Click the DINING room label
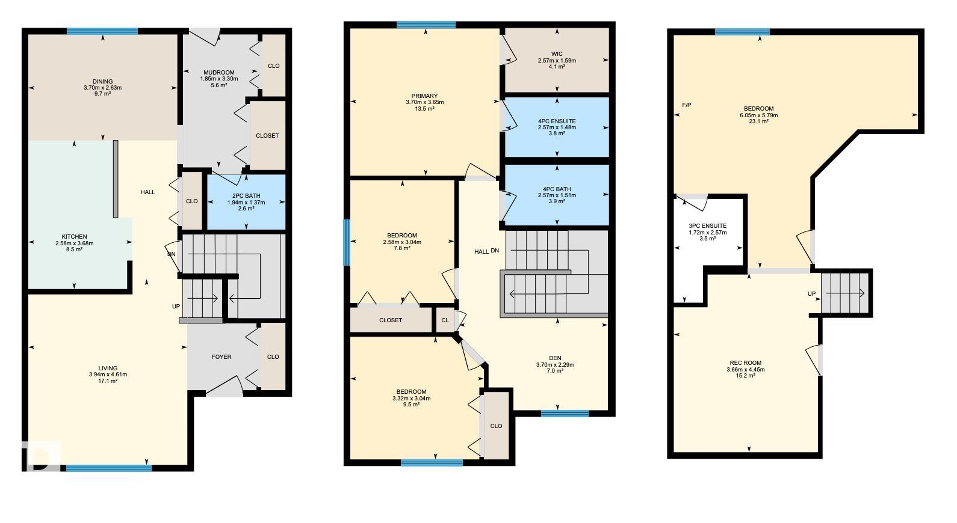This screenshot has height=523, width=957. pos(102,82)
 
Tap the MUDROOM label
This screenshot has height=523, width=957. pos(218,73)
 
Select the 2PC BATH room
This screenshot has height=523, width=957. pos(246,202)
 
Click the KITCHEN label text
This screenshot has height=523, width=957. pos(75,237)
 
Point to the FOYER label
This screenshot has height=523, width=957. pos(221,357)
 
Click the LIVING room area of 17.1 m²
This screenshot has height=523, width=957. pos(108,381)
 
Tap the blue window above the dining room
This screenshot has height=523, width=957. pos(102,31)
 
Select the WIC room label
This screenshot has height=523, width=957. pos(557,54)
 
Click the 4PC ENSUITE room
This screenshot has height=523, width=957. pos(557,127)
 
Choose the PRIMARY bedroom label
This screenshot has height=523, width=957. pos(425,96)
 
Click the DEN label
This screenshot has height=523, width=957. pos(555,358)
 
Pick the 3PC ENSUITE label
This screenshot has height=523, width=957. pos(707,226)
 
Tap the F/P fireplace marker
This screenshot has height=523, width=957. pos(687,105)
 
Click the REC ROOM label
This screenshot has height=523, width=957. pos(746,363)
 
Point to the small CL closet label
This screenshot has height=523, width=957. pos(445,320)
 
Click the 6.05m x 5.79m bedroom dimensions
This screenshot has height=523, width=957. pos(759,115)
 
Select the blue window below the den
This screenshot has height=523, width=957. pos(565,413)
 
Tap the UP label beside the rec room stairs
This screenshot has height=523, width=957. pos(812,294)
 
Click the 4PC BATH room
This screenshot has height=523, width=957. pos(557,195)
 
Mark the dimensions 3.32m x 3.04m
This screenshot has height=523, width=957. pos(412,399)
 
